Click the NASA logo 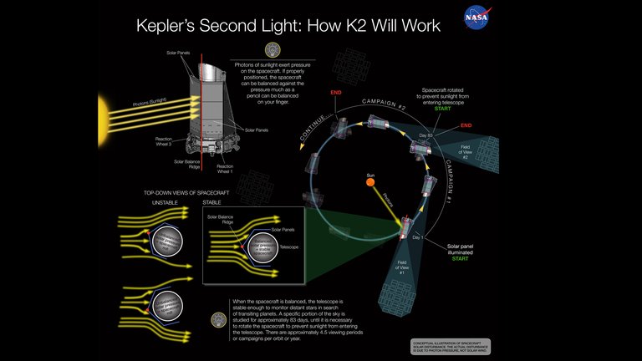[478, 17]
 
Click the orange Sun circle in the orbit [368, 179]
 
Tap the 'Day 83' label [425, 134]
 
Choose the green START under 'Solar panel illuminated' [462, 258]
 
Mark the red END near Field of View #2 [466, 127]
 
